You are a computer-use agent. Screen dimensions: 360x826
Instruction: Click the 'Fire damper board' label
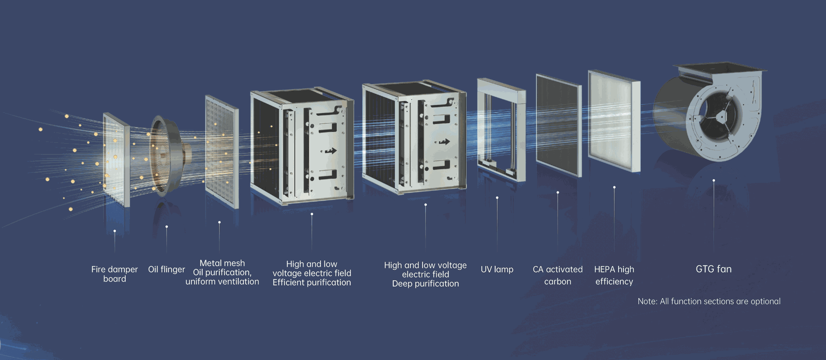114,274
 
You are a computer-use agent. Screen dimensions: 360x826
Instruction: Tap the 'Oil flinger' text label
166,270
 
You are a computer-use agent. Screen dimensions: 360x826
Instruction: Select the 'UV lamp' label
497,270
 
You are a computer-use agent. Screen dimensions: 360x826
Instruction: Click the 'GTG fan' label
713,269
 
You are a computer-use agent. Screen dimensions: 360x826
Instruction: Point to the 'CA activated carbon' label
558,275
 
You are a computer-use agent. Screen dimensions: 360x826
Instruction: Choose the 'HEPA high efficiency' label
614,275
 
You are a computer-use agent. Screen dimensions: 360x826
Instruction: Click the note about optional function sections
709,302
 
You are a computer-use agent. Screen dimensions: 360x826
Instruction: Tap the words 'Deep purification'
425,284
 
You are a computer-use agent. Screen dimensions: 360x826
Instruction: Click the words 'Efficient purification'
311,283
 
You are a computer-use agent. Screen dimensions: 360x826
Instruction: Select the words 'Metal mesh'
222,263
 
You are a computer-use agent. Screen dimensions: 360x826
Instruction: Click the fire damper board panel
116,159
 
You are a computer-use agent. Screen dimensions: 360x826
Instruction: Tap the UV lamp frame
501,129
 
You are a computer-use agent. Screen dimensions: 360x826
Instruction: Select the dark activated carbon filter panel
558,125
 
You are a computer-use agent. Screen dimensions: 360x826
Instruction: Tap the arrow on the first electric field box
330,151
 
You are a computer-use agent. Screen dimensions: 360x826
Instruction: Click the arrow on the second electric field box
444,142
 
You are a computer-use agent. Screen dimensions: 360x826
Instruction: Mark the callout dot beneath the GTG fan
714,181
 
